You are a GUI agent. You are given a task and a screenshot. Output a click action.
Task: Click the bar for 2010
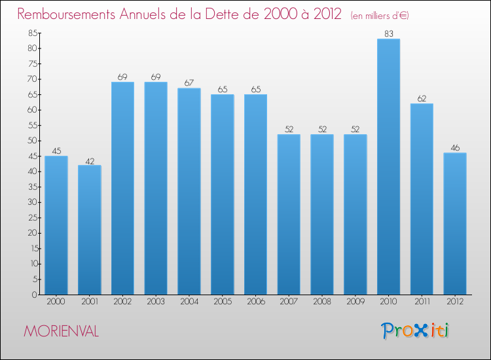(x=388, y=167)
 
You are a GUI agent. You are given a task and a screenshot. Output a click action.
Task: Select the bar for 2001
(x=90, y=230)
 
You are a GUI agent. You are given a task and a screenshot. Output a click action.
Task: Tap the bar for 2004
(x=189, y=191)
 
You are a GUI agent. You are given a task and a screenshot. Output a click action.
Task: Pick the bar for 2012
(x=455, y=224)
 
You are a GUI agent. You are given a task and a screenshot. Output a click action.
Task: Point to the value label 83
(x=388, y=33)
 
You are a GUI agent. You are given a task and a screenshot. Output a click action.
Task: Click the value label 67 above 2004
(x=189, y=82)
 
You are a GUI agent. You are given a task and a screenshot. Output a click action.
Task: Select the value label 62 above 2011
(x=422, y=98)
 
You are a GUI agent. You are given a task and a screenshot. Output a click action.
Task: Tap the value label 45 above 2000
(x=56, y=151)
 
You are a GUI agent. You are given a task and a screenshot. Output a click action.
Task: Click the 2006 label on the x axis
(x=255, y=302)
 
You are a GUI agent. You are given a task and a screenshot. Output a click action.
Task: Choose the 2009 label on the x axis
(x=355, y=302)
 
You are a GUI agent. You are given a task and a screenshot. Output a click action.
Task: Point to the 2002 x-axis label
(x=122, y=302)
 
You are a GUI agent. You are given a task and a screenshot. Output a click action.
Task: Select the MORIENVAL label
(x=61, y=332)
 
